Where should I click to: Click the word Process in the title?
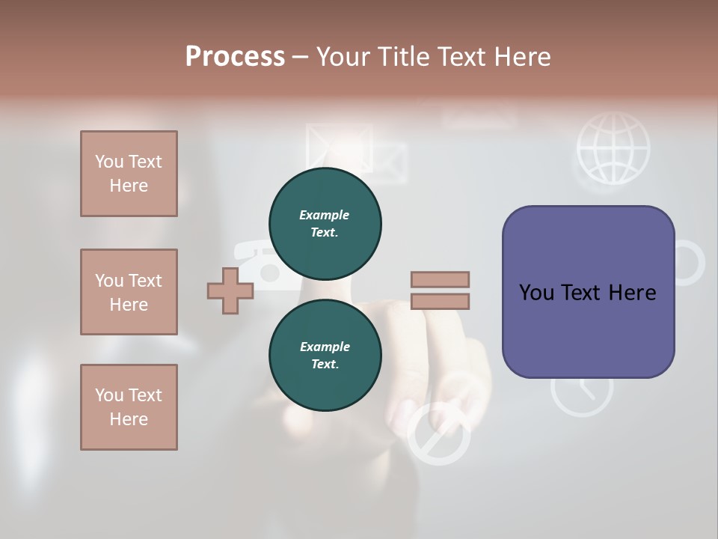click(x=235, y=57)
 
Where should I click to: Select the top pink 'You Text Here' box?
click(x=129, y=174)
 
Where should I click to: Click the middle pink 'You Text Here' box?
click(x=129, y=292)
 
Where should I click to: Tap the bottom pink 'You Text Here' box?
click(x=129, y=406)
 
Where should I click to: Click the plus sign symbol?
click(x=230, y=290)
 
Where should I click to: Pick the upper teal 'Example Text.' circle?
click(x=325, y=224)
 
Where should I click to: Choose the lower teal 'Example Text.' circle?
click(x=325, y=356)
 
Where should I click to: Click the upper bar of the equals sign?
click(x=440, y=279)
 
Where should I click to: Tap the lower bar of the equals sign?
click(x=440, y=302)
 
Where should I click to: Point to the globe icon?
click(x=613, y=147)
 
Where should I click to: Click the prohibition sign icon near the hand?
click(x=439, y=434)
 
